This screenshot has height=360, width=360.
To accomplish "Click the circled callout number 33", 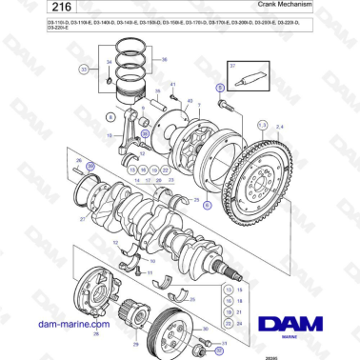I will point(84,70).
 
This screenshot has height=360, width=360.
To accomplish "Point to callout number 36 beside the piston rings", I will point(164,60).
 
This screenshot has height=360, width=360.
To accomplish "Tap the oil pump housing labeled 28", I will point(101,290).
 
